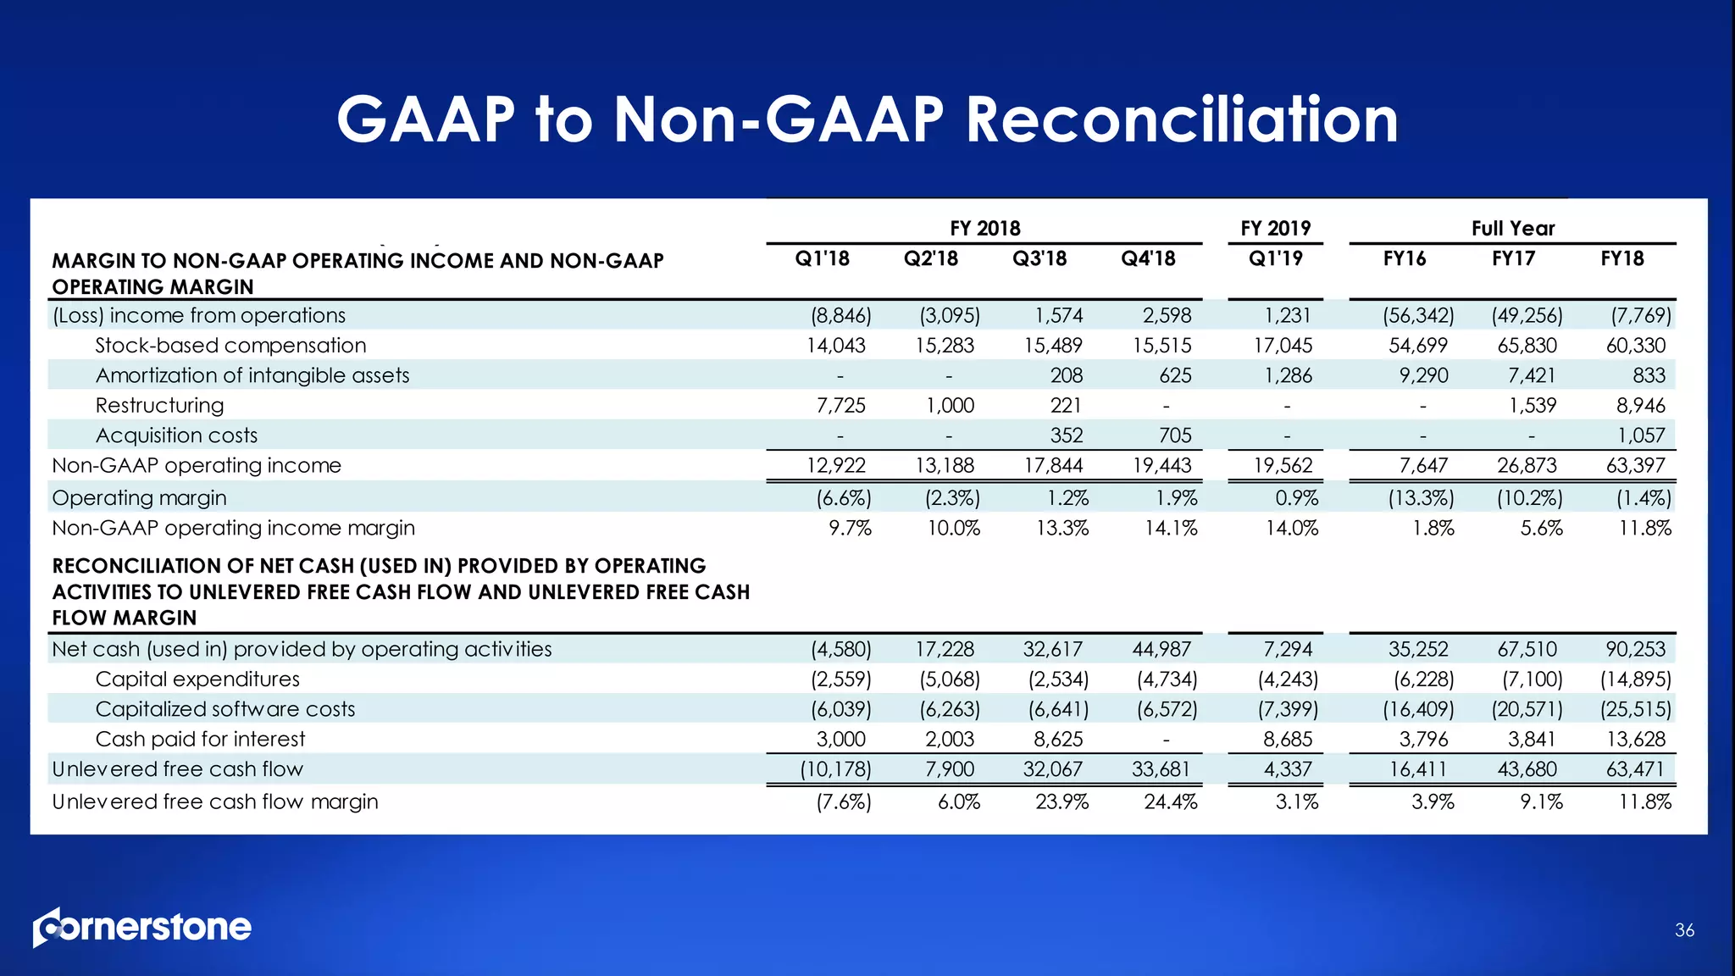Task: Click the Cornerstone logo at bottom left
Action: pyautogui.click(x=142, y=928)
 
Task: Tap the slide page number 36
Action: pyautogui.click(x=1684, y=930)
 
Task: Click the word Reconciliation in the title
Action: pyautogui.click(x=1182, y=119)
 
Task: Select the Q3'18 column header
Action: pyautogui.click(x=1039, y=258)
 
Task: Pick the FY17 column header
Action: pyautogui.click(x=1513, y=258)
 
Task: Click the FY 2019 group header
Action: pyautogui.click(x=1275, y=228)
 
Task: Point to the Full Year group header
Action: pyautogui.click(x=1513, y=228)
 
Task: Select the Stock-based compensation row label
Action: pyautogui.click(x=230, y=346)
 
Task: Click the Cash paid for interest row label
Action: pyautogui.click(x=200, y=739)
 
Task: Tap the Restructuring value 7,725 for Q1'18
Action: pyautogui.click(x=840, y=406)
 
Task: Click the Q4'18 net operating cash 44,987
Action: pyautogui.click(x=1161, y=650)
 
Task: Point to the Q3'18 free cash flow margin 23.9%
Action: pyautogui.click(x=1062, y=801)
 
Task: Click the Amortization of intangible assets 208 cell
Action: pyautogui.click(x=1066, y=375)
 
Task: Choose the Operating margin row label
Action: pyautogui.click(x=139, y=498)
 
